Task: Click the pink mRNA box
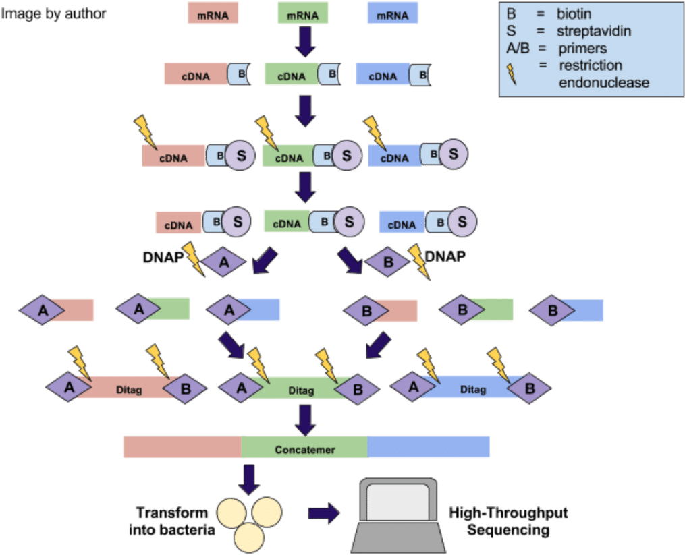coord(213,14)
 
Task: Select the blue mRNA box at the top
coord(392,14)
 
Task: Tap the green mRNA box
coord(303,14)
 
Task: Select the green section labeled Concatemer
coord(304,448)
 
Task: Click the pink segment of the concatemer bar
coord(182,447)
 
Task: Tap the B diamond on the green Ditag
coord(358,389)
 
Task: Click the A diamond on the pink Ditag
coord(69,388)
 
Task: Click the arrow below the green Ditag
coord(305,419)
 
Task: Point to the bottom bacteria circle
coord(248,537)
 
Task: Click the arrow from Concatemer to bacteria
coord(248,478)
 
